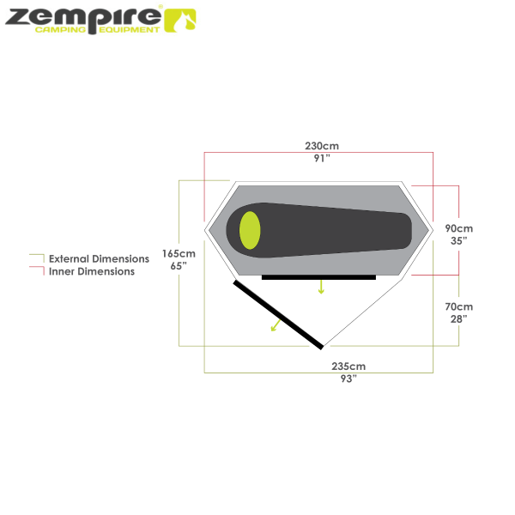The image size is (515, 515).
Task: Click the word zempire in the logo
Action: tap(82, 15)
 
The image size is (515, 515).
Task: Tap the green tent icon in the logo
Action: tap(179, 19)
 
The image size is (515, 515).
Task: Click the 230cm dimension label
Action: tap(322, 146)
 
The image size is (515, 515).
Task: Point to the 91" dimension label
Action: tap(322, 158)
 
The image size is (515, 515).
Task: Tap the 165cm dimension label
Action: tap(179, 254)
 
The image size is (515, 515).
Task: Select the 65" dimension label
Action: tap(179, 266)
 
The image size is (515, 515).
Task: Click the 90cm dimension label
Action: tap(459, 229)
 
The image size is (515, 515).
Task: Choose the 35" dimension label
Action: tap(459, 241)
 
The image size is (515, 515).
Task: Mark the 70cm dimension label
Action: tap(459, 306)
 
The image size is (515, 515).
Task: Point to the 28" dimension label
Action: tap(459, 318)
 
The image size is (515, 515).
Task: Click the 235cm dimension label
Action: tap(348, 366)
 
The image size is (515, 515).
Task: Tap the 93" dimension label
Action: tap(348, 378)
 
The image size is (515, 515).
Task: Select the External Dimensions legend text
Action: tap(99, 258)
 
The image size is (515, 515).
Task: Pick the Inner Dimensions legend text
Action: tap(92, 271)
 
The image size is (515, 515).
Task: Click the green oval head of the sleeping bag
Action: tap(250, 230)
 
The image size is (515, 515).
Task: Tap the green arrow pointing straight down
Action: tap(321, 287)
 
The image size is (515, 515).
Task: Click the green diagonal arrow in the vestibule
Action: tap(275, 324)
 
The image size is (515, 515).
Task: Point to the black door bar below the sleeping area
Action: tap(319, 277)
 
